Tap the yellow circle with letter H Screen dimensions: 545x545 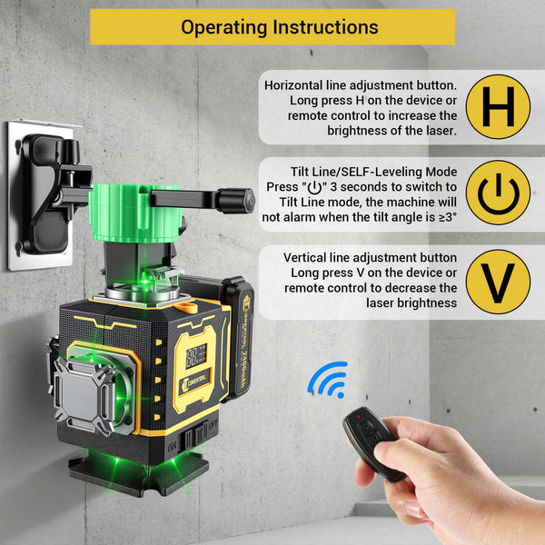[497, 106]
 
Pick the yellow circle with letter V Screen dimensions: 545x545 [497, 281]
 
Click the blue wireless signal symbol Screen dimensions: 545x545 [329, 379]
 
